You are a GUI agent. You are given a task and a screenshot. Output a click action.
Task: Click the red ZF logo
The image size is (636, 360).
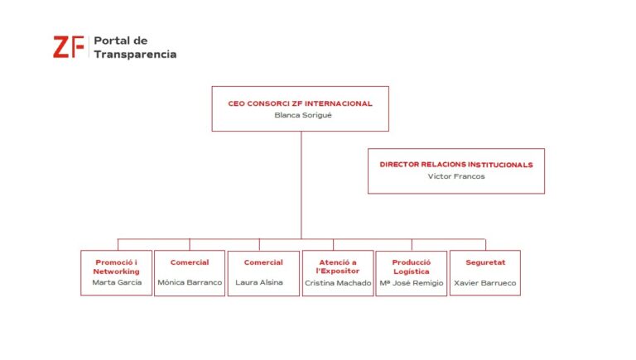69,47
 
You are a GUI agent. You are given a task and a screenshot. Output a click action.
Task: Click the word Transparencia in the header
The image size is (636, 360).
135,55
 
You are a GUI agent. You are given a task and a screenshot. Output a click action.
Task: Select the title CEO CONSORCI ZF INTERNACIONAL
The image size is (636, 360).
300,103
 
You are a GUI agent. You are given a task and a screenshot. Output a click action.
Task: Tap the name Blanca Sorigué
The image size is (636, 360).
303,115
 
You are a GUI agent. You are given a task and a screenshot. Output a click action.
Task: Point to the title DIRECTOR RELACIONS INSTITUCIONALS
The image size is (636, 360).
456,165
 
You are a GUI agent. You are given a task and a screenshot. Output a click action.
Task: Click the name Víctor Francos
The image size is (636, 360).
456,176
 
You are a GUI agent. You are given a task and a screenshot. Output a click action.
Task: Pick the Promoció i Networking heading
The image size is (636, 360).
117,266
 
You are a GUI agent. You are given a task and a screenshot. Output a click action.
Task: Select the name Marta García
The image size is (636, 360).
117,282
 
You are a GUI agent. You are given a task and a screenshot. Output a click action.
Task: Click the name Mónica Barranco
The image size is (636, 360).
190,282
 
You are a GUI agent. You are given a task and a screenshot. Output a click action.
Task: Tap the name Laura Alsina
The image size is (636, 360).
259,282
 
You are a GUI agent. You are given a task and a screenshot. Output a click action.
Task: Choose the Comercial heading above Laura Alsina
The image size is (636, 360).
263,262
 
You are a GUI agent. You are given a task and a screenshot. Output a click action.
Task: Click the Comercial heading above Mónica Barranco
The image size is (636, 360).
190,262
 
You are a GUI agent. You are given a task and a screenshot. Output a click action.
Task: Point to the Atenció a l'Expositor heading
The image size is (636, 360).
338,266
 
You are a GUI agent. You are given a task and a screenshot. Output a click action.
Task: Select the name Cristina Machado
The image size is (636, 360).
338,283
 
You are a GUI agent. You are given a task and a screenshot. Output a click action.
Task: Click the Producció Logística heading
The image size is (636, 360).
412,266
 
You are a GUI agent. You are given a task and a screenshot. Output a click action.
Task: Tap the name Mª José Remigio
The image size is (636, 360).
412,283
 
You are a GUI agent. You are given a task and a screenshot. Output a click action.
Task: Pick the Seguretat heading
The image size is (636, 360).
485,262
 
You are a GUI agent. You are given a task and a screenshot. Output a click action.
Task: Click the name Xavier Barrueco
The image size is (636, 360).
485,283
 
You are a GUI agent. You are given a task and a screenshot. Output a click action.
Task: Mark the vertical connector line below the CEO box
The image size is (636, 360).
301,185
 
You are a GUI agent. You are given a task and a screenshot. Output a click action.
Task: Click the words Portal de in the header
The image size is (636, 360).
120,41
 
